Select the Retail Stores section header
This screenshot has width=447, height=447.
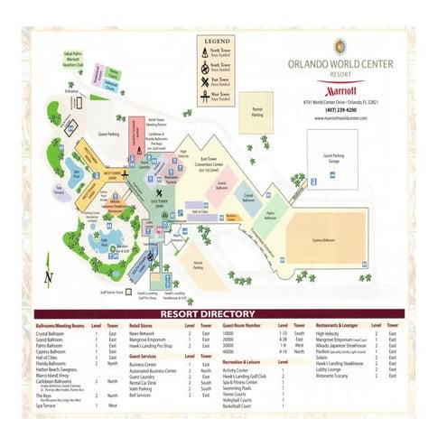[x=144, y=325]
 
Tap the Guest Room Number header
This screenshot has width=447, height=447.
[x=241, y=325]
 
